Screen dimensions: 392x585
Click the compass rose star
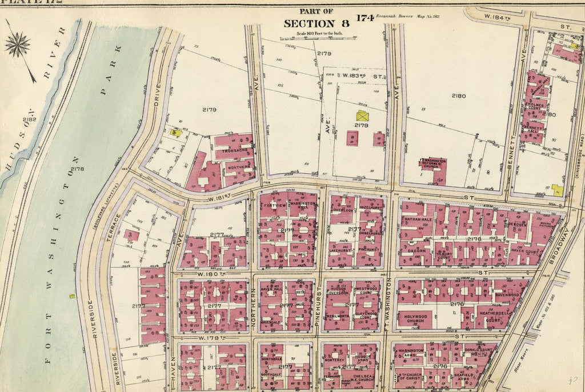tap(18, 44)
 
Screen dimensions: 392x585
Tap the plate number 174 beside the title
tap(365, 18)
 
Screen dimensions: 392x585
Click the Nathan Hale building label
tap(418, 219)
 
